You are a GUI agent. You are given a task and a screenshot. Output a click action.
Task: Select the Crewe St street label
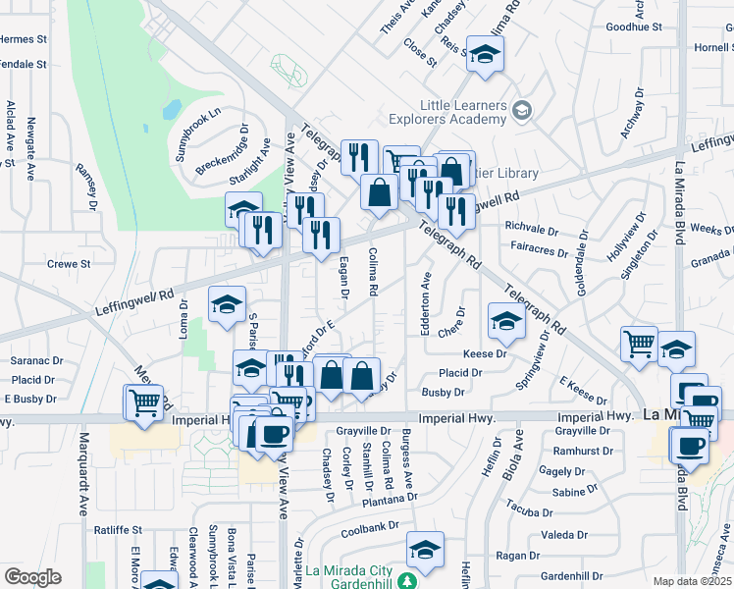tap(69, 264)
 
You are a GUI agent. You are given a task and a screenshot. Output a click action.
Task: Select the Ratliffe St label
tap(119, 529)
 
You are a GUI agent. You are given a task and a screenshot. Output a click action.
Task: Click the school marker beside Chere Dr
tap(506, 320)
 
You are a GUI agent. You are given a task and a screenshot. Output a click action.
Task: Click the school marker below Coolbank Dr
tap(425, 548)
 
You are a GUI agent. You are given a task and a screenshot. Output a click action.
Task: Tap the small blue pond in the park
tap(172, 107)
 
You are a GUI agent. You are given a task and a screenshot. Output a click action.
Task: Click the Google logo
tap(32, 577)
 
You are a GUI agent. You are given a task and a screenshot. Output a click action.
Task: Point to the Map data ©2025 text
tap(693, 581)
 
